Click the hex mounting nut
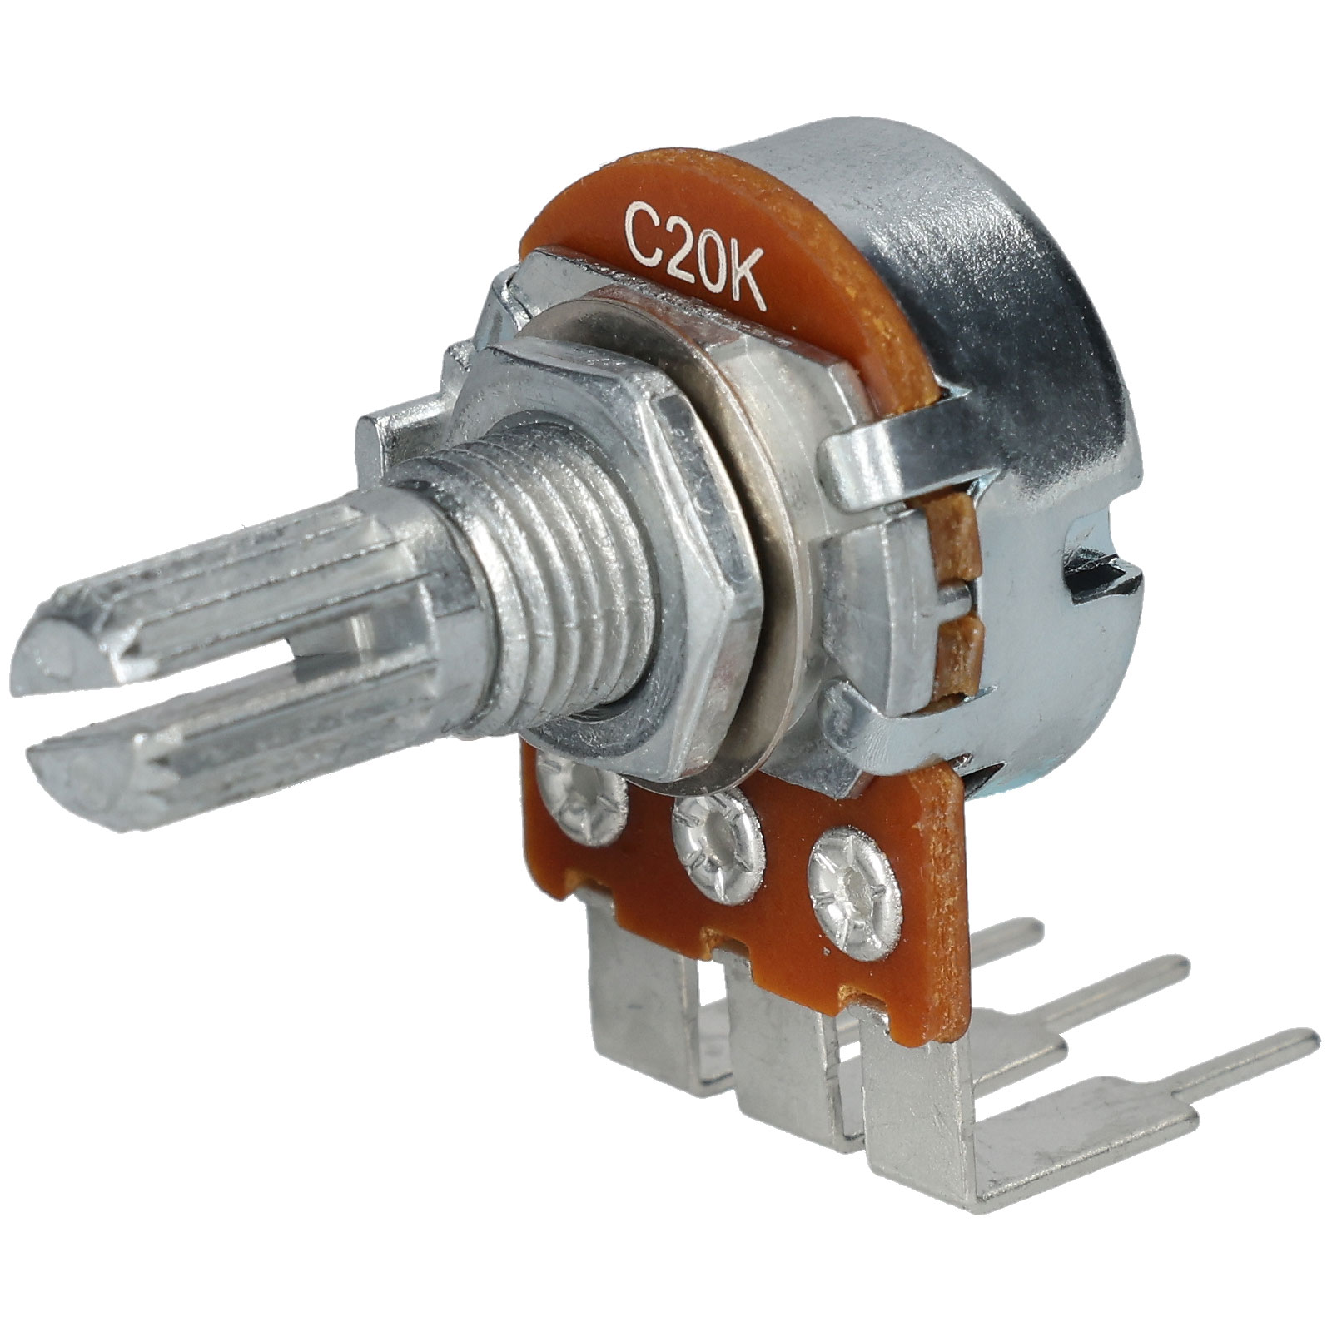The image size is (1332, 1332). [x=583, y=466]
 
